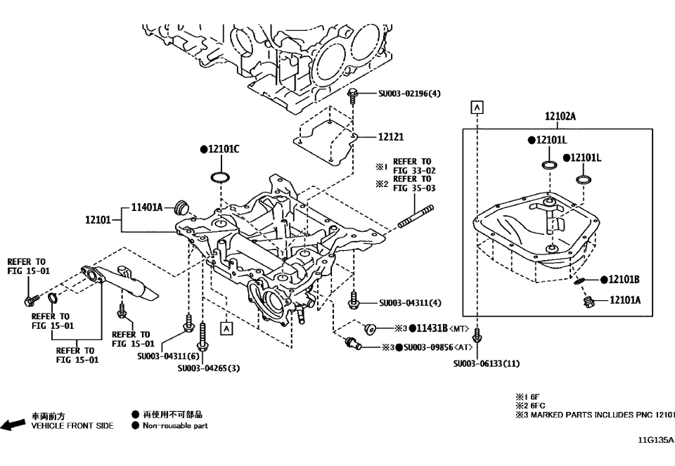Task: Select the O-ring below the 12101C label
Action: pyautogui.click(x=219, y=175)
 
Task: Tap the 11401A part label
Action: pyautogui.click(x=147, y=207)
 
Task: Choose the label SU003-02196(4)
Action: pyautogui.click(x=409, y=93)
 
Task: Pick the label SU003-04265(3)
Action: pyautogui.click(x=209, y=368)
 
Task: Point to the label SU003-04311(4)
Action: pyautogui.click(x=410, y=303)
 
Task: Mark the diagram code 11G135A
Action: pyautogui.click(x=655, y=441)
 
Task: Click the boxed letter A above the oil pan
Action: pyautogui.click(x=477, y=107)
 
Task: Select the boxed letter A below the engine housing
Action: pyautogui.click(x=226, y=327)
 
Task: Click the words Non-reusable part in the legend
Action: pyautogui.click(x=175, y=425)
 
